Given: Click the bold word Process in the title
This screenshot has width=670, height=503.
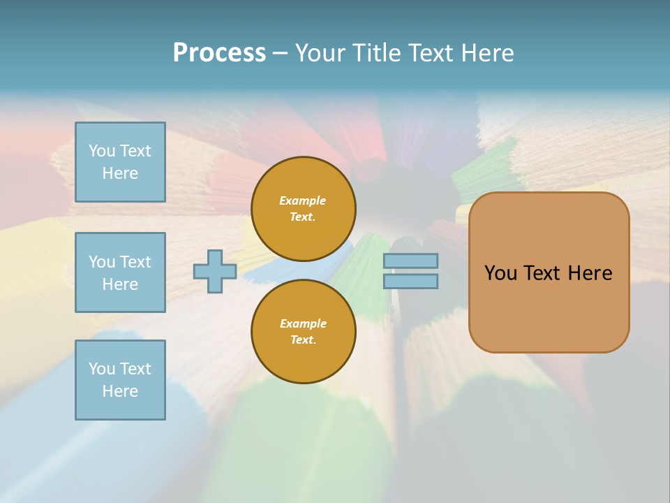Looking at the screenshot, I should (x=219, y=53).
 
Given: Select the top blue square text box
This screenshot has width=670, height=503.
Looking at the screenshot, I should (x=120, y=162).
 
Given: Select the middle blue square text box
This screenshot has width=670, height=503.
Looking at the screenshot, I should (x=120, y=272).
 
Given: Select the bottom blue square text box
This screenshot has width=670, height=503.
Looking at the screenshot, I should (x=120, y=380).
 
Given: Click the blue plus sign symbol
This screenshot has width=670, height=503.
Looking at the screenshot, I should (x=215, y=271).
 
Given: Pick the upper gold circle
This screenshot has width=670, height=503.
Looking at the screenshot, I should (x=303, y=209).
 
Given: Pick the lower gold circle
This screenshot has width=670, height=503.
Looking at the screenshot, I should (x=303, y=332).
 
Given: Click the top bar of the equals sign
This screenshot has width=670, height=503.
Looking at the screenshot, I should (x=410, y=261).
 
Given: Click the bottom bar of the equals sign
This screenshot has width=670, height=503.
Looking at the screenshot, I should (x=410, y=281).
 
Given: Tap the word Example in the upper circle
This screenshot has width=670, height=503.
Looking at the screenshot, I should (x=303, y=201).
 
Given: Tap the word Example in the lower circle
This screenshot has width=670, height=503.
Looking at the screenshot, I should (x=303, y=323).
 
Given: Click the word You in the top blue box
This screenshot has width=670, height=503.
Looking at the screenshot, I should (x=102, y=151).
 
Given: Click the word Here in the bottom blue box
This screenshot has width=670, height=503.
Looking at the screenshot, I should (x=120, y=391).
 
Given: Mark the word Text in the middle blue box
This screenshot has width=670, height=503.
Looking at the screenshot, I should (x=135, y=262).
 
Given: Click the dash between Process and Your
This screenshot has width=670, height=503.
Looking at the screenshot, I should (x=280, y=53).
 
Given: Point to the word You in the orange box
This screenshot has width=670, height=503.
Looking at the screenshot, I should (x=500, y=273).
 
